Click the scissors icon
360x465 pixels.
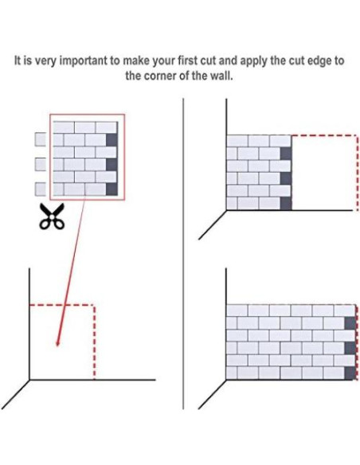[51, 217]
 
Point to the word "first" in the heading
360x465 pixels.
[188, 61]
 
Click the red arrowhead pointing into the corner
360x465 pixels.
[58, 342]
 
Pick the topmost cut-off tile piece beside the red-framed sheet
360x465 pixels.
[41, 139]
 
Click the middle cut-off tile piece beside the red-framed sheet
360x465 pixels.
[41, 164]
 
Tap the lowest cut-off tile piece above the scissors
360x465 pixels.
[41, 190]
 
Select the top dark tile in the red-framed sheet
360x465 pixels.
[112, 139]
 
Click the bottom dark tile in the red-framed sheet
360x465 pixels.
[112, 190]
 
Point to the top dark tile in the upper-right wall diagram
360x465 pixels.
[286, 154]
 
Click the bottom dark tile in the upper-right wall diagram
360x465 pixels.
[286, 204]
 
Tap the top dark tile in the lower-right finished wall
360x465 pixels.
[350, 323]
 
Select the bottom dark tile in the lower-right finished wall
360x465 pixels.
[350, 373]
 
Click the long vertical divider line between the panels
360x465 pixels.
[183, 253]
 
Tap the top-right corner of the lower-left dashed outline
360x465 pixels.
[94, 305]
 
